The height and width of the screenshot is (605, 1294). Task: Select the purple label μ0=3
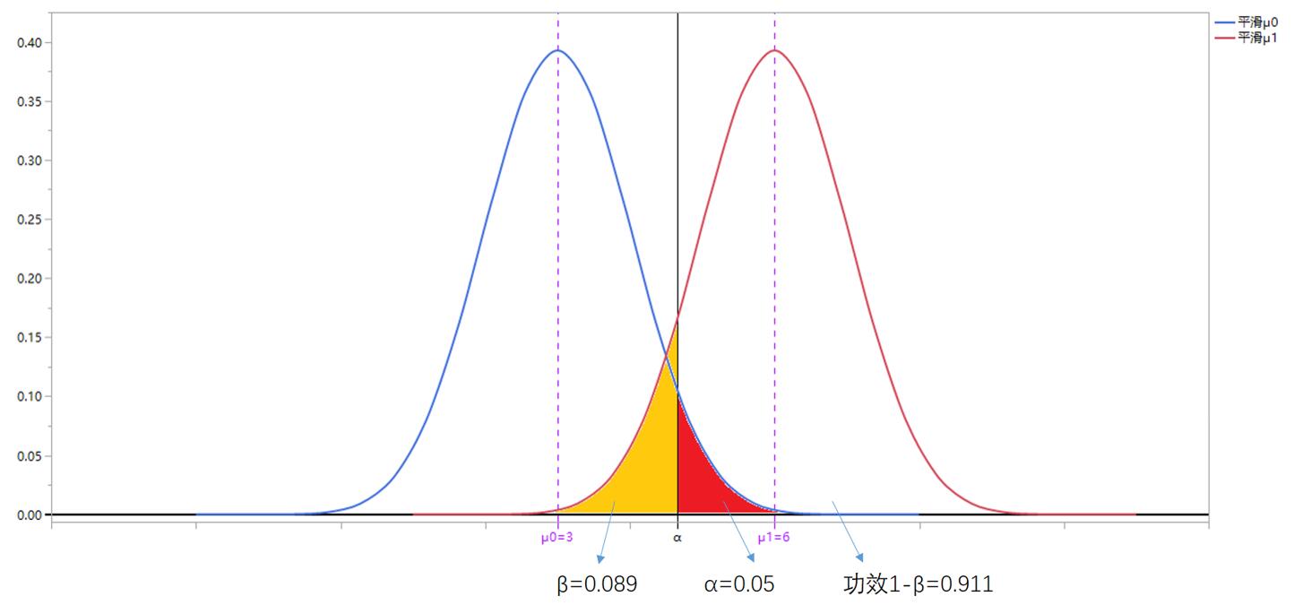coord(556,538)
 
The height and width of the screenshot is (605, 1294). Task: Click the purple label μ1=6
coord(773,538)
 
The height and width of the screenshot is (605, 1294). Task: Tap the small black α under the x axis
coord(677,538)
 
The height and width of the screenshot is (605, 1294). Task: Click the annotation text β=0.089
coord(597,585)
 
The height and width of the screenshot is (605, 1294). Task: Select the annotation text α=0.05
coord(739,585)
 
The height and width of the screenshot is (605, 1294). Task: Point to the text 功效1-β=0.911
coord(919,585)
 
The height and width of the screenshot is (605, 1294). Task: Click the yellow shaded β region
coord(645,466)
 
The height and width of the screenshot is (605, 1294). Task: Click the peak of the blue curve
coord(557,50)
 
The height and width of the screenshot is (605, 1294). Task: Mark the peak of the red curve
coord(774,50)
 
